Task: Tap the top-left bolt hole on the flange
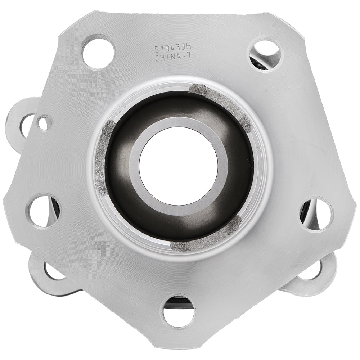[98, 51]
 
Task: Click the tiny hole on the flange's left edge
[44, 123]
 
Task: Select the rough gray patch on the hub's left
[102, 158]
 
